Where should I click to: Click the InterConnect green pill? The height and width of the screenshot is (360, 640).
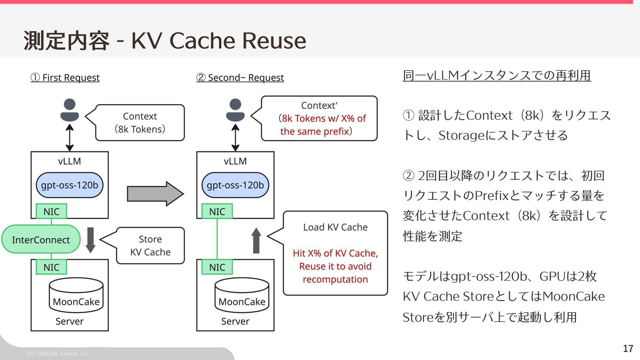(41, 239)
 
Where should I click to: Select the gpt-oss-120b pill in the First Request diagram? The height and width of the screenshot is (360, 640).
(70, 185)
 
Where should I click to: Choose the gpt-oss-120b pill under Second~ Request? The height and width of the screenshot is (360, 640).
(235, 185)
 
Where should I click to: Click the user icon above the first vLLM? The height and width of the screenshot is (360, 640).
(70, 110)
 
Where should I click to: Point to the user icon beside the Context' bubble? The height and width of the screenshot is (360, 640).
(235, 110)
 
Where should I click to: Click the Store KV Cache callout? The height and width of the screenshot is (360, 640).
(150, 246)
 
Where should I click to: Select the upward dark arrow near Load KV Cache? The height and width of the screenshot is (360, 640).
(256, 241)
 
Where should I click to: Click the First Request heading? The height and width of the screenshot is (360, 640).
(65, 78)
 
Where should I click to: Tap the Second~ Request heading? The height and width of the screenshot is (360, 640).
(240, 78)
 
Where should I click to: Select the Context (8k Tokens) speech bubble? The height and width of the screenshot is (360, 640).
(140, 123)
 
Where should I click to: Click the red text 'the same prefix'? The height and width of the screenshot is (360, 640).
(315, 131)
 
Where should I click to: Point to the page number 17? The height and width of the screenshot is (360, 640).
(628, 349)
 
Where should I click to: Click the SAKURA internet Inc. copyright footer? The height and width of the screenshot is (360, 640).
(58, 354)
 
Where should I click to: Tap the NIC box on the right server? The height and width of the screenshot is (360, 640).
(217, 267)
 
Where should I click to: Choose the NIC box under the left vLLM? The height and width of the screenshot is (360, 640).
(51, 211)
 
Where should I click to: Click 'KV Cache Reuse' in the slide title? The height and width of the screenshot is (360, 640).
(219, 41)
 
